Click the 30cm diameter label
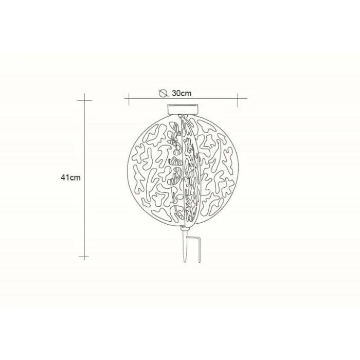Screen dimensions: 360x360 [x=182, y=93]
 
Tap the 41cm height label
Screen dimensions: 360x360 [x=71, y=177]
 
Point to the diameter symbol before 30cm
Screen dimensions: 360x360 [x=163, y=93]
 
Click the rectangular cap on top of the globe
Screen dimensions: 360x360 [x=183, y=109]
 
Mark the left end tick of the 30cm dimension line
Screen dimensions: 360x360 [x=129, y=99]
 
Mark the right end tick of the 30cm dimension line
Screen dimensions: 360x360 [x=238, y=100]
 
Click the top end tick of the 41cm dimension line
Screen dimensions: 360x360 [x=84, y=100]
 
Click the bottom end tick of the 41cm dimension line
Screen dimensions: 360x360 [x=84, y=257]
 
